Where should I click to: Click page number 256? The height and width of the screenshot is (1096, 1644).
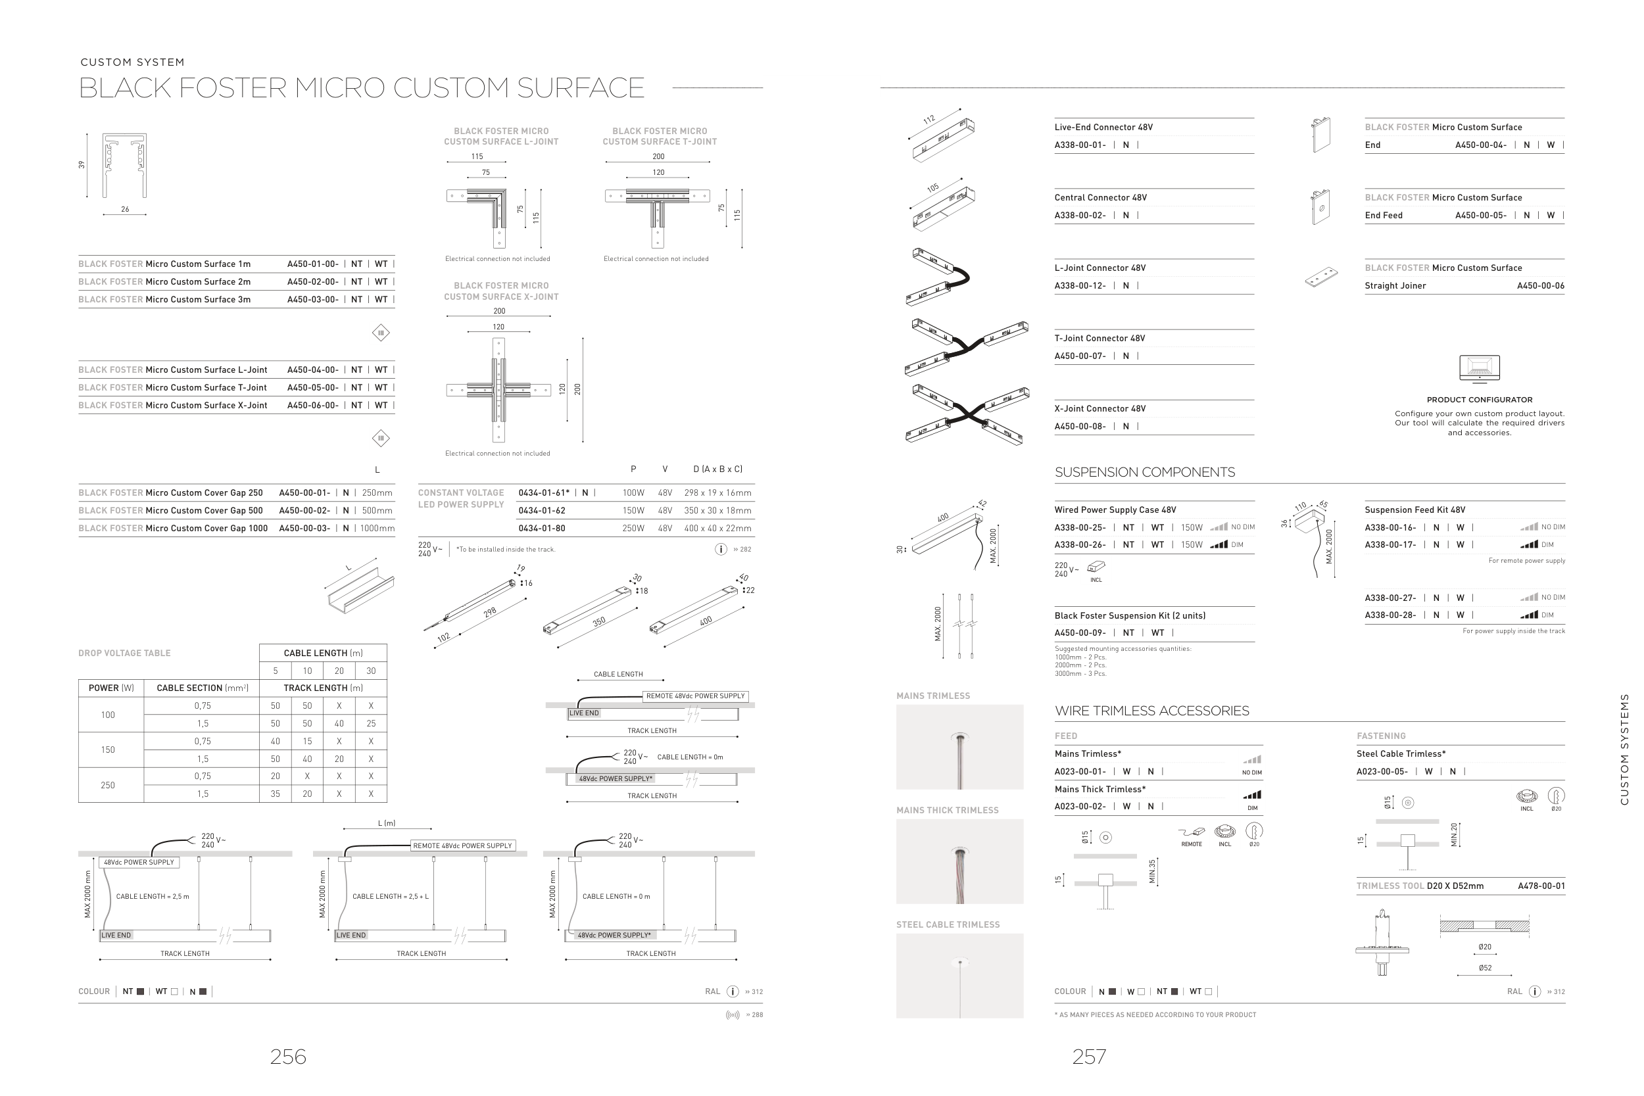[x=288, y=1056]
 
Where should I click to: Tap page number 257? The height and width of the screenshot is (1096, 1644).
[x=1089, y=1056]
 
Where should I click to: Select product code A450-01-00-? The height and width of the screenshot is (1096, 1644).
[x=312, y=264]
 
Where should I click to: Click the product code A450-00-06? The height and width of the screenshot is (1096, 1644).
[x=1541, y=286]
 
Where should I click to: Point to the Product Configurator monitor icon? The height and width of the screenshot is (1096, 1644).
[x=1479, y=368]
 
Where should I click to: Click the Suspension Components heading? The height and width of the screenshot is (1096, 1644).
[x=1144, y=473]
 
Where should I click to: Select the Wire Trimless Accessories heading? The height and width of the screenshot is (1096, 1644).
[x=1151, y=711]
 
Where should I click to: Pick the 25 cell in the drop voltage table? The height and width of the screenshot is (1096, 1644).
[x=370, y=723]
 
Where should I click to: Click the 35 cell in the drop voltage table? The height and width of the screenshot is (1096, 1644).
[x=276, y=794]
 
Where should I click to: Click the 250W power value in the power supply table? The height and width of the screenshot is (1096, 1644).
[x=633, y=529]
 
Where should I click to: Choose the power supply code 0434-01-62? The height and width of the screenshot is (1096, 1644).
[x=542, y=511]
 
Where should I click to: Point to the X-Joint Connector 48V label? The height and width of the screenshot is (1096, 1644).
[x=1100, y=409]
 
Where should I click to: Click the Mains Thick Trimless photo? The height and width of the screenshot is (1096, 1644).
[x=959, y=861]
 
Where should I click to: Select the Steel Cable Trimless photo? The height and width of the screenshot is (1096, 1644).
[x=959, y=975]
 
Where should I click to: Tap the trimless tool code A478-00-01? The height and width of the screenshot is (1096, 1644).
[x=1541, y=886]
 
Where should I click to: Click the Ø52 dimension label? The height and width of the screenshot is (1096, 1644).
[x=1485, y=968]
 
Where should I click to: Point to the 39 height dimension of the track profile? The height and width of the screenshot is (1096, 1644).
[x=82, y=165]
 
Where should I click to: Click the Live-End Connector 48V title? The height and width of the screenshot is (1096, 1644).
[x=1103, y=127]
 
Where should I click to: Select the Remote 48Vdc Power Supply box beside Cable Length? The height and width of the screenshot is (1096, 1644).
[x=696, y=696]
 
